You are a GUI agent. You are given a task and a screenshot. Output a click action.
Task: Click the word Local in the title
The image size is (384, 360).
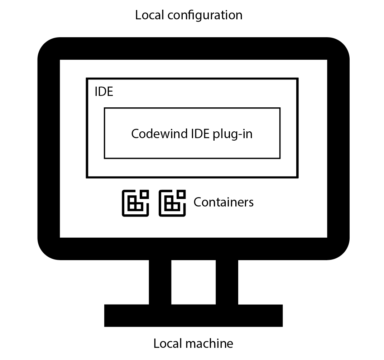point(147,15)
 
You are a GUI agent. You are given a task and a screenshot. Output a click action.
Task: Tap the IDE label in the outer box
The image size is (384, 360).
point(104,92)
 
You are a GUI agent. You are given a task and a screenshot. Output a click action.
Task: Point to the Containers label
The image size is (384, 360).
point(224,202)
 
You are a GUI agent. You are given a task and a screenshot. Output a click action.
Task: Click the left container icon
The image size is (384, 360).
point(135,203)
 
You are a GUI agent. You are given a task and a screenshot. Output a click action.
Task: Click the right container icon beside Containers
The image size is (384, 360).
point(172,203)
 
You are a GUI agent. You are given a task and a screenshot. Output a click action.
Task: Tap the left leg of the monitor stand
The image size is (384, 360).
point(160,282)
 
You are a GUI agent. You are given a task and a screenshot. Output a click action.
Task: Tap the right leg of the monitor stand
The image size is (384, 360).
point(227,282)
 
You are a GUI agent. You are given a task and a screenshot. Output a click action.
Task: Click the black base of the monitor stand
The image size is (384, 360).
point(193,315)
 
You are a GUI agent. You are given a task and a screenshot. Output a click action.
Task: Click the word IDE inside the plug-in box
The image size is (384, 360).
point(201,133)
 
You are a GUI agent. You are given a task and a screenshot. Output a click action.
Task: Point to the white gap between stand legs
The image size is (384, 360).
point(193,282)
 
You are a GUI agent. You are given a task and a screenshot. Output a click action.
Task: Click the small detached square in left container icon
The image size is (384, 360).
point(144,194)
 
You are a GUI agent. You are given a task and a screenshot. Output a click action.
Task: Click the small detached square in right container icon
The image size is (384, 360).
point(181,194)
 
